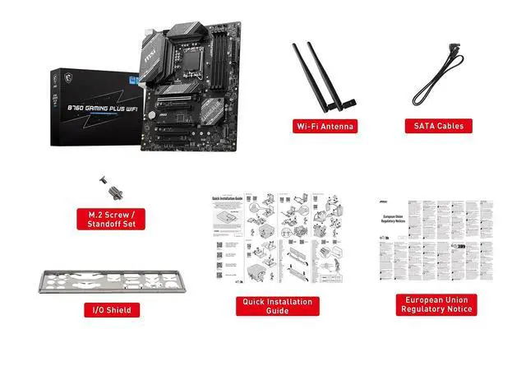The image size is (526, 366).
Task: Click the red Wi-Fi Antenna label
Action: [325, 126]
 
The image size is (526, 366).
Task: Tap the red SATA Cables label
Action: [438, 126]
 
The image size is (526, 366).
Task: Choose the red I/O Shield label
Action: [111, 310]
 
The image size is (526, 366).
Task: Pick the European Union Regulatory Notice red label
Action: [436, 304]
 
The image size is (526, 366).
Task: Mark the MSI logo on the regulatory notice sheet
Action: [393, 202]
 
